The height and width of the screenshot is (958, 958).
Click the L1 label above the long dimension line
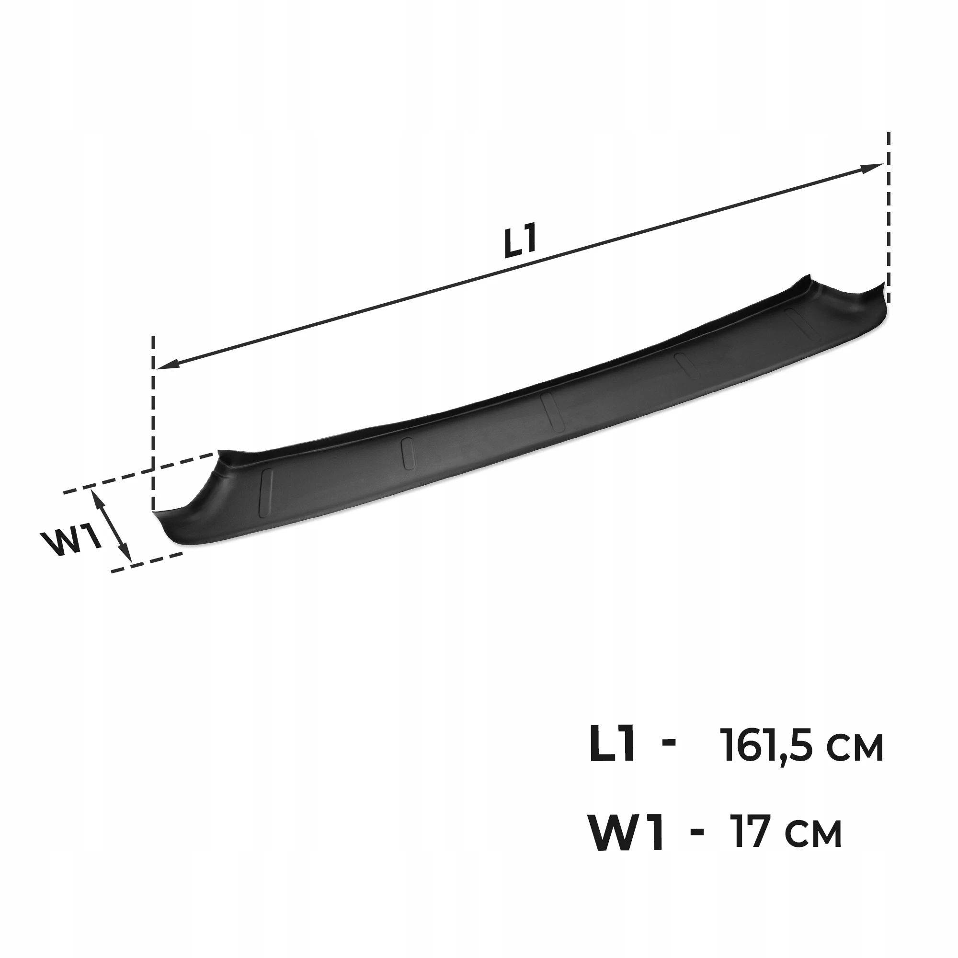click(x=520, y=242)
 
